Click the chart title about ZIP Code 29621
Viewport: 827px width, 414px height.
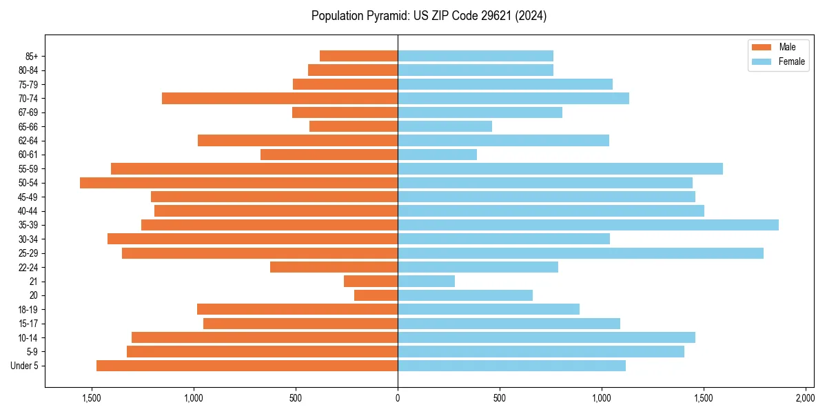coord(429,16)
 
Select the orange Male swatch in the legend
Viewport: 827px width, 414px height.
coord(762,47)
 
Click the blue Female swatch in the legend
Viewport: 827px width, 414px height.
coord(762,61)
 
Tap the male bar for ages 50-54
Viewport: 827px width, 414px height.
coord(238,183)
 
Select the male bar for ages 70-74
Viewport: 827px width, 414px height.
coord(280,99)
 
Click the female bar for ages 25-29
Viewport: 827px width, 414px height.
coord(580,253)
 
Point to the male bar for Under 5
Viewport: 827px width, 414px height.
coord(247,366)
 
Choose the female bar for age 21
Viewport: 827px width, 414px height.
coord(426,282)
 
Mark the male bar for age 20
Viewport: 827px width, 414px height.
coord(376,295)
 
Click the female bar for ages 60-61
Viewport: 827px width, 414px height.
coord(437,155)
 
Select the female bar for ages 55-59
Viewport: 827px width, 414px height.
coord(560,169)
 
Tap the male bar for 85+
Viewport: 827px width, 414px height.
coord(358,56)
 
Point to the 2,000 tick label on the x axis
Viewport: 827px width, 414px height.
coord(805,398)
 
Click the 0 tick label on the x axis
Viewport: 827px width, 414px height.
coord(398,398)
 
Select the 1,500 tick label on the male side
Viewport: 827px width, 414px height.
coord(92,398)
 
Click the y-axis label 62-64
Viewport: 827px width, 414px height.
coord(28,141)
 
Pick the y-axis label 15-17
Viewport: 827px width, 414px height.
coord(28,324)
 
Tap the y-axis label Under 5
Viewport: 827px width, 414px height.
coord(25,366)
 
